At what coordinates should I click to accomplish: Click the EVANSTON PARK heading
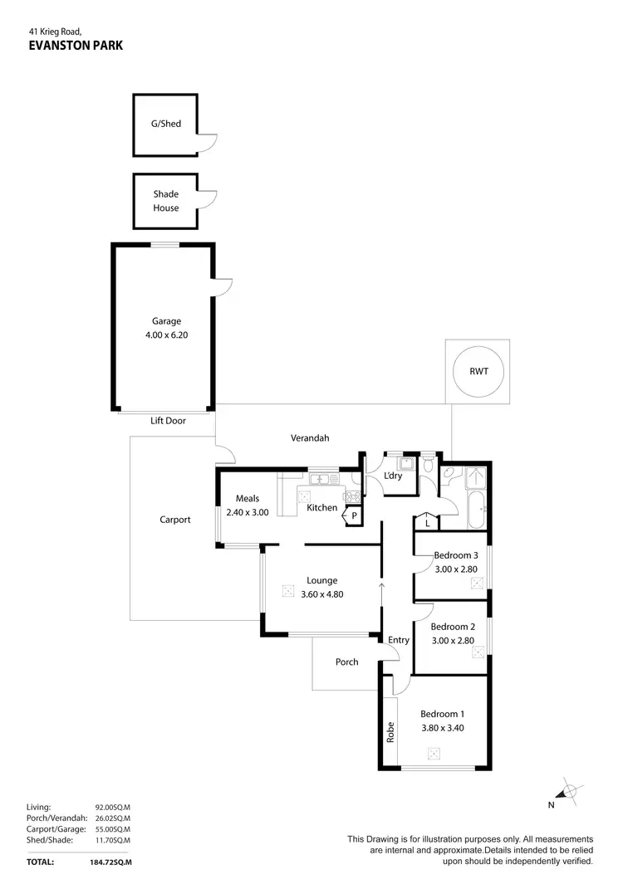click(x=75, y=46)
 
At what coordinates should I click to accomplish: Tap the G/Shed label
click(x=165, y=125)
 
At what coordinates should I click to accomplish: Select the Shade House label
click(x=165, y=201)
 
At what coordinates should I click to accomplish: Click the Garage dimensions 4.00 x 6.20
click(x=166, y=336)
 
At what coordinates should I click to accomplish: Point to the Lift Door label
click(x=168, y=421)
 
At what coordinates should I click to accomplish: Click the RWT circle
click(x=478, y=371)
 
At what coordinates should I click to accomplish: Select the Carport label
click(x=175, y=520)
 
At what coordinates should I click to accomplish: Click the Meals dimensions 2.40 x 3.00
click(x=248, y=512)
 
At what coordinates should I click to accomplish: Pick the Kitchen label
click(x=322, y=507)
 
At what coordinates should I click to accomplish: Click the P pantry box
click(x=354, y=515)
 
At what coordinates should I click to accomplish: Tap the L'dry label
click(x=393, y=476)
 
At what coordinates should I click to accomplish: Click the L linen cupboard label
click(x=426, y=523)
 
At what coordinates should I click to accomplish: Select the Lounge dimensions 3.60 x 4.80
click(x=321, y=593)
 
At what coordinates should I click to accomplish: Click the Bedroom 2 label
click(x=453, y=627)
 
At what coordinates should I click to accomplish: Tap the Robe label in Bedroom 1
click(x=390, y=731)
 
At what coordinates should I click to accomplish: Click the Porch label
click(x=346, y=662)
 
